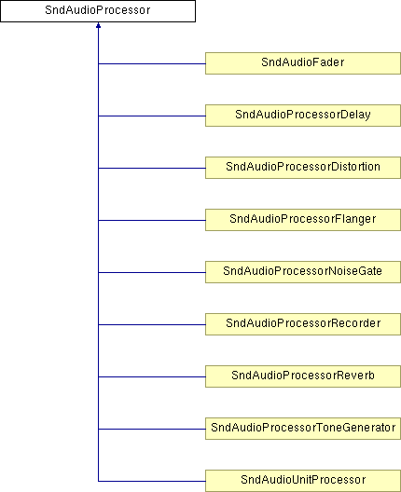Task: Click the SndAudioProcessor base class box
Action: (98, 11)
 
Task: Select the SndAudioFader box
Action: (303, 63)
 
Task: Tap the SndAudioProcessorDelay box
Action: (303, 116)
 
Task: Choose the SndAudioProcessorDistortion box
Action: (303, 168)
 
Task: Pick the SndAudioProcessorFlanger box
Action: (303, 220)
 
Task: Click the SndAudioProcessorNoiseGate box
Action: (303, 272)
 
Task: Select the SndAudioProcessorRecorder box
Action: (303, 324)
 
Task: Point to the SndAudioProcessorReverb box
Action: (303, 376)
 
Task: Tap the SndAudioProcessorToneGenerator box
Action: (303, 429)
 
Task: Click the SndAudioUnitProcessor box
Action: (303, 481)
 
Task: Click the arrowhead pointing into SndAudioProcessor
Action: (98, 25)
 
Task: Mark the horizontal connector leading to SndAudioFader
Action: (152, 63)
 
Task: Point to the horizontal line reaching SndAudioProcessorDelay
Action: (152, 116)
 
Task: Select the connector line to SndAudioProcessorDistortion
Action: (152, 168)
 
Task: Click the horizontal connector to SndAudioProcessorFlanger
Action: (152, 220)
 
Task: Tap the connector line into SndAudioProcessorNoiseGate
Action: (152, 272)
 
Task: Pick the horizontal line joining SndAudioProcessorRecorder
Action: (152, 324)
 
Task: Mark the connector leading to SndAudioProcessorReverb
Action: (152, 376)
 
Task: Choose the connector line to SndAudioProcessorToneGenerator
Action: (152, 429)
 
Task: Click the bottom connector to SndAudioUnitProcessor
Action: (152, 481)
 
